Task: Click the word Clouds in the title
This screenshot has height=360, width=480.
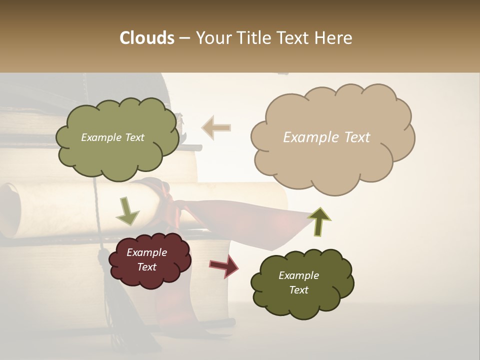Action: [147, 38]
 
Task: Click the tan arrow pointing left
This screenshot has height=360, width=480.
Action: [216, 128]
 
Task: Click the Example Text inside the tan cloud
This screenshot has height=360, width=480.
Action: [326, 137]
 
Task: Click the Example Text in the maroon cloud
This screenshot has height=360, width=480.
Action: [146, 259]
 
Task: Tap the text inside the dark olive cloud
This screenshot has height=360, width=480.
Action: [298, 282]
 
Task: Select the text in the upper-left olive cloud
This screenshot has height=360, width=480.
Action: [112, 137]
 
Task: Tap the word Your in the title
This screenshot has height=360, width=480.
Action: [213, 38]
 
